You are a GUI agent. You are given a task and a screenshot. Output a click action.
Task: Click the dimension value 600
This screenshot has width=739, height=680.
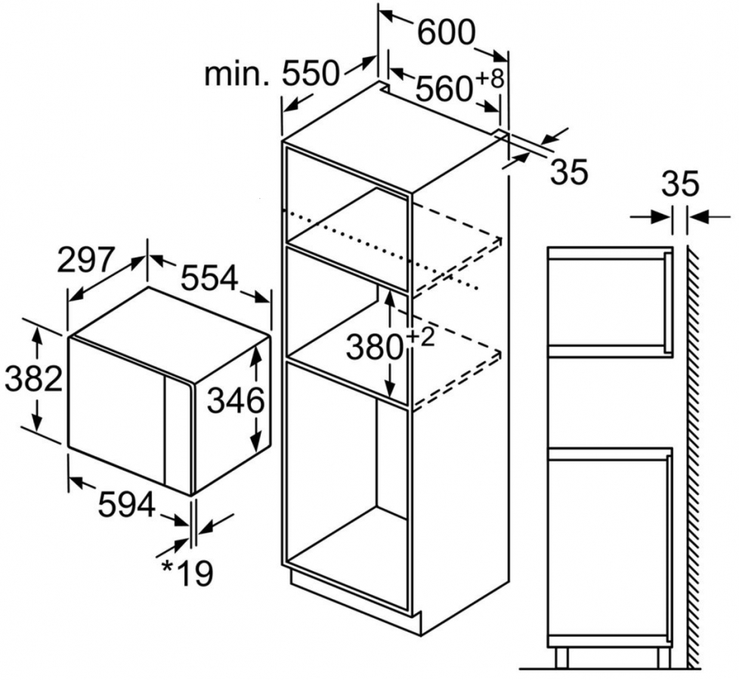(x=445, y=32)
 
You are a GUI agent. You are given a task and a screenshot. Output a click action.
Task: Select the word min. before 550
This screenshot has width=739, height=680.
(x=237, y=75)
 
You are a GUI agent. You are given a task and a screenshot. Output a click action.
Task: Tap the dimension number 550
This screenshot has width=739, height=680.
(x=311, y=74)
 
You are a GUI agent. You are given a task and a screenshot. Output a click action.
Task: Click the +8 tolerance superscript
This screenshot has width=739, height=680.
(x=489, y=79)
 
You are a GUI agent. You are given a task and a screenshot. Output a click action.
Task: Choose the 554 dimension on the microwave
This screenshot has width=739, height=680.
(x=209, y=279)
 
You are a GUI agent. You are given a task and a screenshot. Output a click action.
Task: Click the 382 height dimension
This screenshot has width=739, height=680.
(x=33, y=378)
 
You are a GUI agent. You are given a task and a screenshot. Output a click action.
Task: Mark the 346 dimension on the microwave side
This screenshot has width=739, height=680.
(x=236, y=401)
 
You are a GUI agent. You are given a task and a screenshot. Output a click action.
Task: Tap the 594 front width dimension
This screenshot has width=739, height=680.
(x=126, y=504)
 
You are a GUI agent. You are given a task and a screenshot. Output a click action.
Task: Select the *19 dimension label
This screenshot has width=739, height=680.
(x=187, y=573)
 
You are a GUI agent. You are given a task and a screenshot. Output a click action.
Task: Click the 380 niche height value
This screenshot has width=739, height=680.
(x=374, y=347)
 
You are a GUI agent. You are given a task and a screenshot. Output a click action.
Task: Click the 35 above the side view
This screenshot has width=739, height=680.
(x=681, y=184)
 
